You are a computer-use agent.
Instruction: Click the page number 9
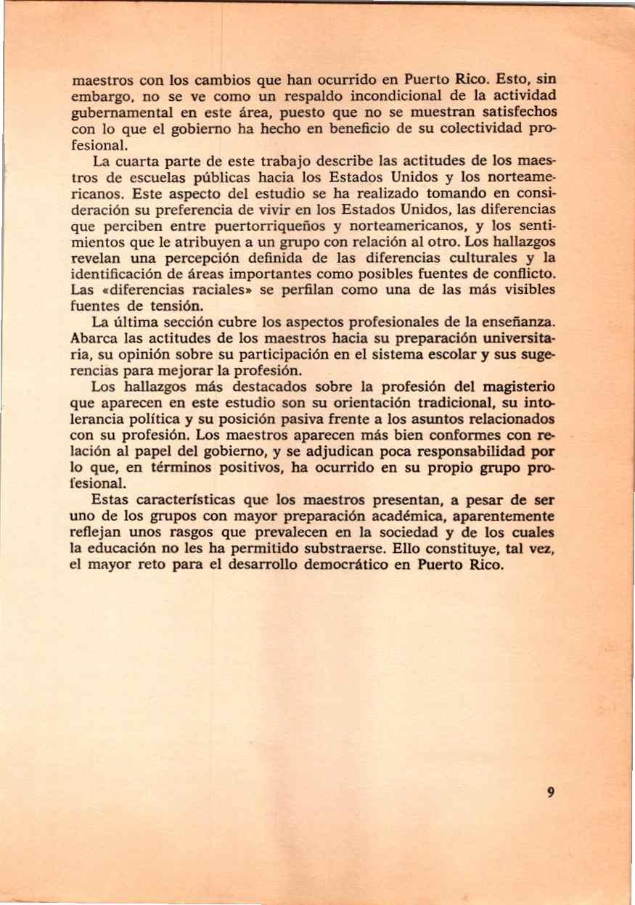pyautogui.click(x=552, y=793)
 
